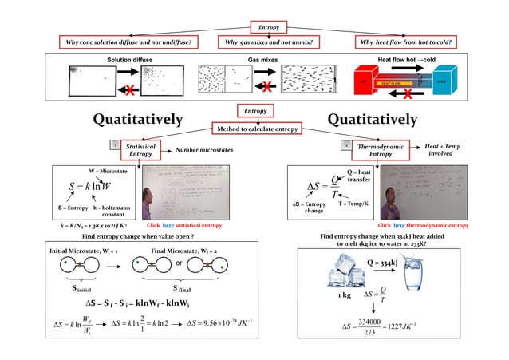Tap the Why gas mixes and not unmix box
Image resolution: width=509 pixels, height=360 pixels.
click(x=268, y=42)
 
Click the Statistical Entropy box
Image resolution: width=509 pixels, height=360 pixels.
click(x=141, y=148)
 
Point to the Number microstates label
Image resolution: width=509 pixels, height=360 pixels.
click(x=203, y=149)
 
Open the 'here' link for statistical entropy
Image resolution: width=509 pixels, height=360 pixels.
click(x=168, y=226)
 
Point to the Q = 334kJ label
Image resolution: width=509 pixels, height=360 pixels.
click(x=382, y=262)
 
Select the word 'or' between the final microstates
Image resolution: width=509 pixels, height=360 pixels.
click(x=179, y=263)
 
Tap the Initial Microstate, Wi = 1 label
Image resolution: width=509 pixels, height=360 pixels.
click(x=84, y=250)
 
